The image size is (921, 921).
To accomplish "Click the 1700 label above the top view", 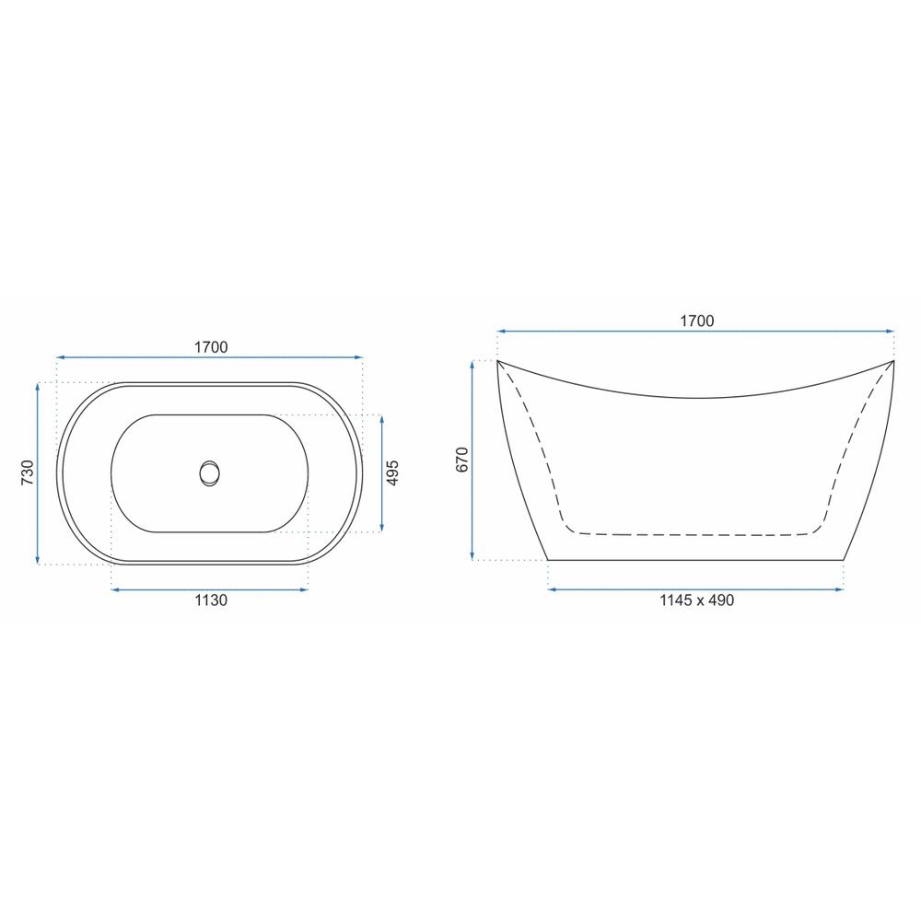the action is click(x=211, y=347).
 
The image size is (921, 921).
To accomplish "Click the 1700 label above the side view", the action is click(x=696, y=321).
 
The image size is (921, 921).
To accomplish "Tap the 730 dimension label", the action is click(x=28, y=472).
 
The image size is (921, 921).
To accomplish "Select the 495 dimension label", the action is click(x=392, y=472).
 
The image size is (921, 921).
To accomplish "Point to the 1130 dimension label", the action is click(x=211, y=600).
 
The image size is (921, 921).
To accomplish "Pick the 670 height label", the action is click(x=462, y=460).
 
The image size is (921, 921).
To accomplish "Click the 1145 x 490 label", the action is click(x=696, y=600).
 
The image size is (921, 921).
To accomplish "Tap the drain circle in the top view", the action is click(x=210, y=473).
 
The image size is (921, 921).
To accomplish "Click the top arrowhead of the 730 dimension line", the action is click(x=38, y=386).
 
